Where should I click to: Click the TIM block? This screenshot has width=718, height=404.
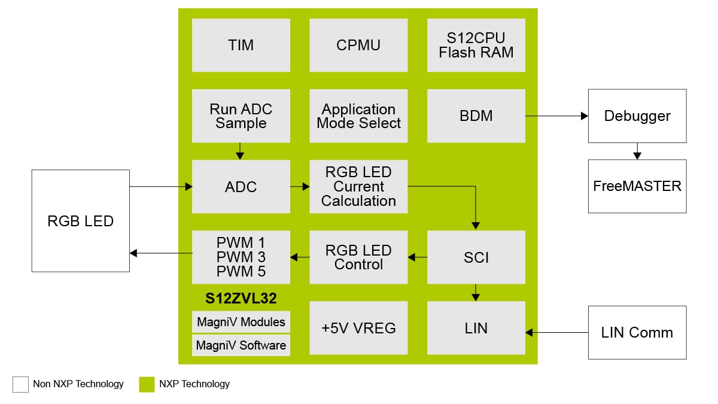tap(241, 45)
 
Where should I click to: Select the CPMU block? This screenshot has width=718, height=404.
tap(358, 45)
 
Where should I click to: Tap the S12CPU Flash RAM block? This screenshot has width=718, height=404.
tap(476, 45)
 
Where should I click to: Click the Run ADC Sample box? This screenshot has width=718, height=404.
tap(241, 116)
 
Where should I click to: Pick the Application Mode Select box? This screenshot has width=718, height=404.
tap(358, 116)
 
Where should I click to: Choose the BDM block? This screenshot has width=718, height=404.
tap(476, 116)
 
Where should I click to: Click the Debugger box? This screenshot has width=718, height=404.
tap(637, 116)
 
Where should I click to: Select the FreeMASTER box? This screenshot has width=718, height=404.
tap(637, 186)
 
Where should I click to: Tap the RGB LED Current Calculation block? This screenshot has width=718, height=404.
tap(358, 186)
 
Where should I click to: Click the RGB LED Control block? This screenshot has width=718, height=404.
tap(358, 257)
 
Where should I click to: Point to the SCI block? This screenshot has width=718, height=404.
tap(476, 257)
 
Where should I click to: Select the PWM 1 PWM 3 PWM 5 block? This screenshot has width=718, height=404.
tap(241, 257)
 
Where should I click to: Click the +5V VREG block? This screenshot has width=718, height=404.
tap(358, 328)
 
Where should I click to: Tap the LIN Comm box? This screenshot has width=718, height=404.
tap(637, 333)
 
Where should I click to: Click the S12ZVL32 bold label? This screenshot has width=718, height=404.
tap(241, 298)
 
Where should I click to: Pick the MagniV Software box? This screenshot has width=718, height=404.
tap(241, 345)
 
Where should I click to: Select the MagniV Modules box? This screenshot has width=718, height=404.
tap(241, 322)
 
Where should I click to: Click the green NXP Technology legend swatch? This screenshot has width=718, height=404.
tap(147, 384)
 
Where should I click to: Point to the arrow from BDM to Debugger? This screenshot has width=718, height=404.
tap(556, 116)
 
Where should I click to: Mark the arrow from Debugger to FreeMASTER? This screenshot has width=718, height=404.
tap(637, 151)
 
